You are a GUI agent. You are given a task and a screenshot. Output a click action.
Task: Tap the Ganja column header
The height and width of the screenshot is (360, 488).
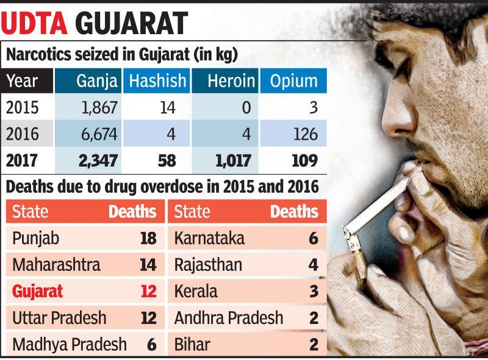97,81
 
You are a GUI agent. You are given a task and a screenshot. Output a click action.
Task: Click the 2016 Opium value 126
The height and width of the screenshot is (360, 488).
304,133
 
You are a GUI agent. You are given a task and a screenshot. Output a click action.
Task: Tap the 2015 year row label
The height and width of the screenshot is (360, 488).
22,107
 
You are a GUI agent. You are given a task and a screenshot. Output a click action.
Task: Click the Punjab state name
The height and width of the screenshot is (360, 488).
36,239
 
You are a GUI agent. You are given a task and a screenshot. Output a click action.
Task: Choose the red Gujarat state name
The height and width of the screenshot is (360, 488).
37,292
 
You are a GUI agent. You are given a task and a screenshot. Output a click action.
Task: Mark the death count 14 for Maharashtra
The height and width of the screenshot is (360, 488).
148,265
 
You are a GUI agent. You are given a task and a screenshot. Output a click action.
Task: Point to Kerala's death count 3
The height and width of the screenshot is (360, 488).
314,292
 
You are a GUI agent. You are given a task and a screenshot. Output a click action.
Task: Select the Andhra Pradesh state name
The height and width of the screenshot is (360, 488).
228,318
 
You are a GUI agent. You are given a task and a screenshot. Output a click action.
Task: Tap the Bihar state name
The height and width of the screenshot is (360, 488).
192,344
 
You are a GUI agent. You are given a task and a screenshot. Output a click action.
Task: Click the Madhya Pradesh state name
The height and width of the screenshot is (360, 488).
69,344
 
